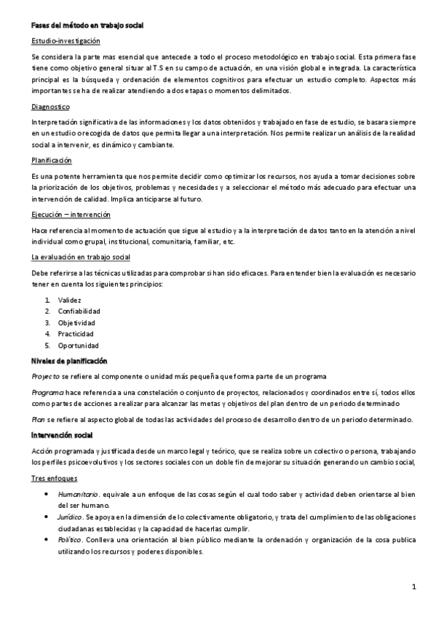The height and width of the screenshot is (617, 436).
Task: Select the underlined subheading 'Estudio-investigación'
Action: click(66, 41)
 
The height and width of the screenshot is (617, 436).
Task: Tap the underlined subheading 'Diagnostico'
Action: click(50, 106)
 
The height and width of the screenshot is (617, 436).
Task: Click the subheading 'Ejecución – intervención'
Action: click(71, 215)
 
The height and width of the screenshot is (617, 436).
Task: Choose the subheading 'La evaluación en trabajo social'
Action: click(82, 257)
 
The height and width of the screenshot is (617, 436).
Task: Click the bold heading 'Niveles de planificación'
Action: click(69, 360)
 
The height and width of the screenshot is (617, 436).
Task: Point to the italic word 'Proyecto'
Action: click(46, 375)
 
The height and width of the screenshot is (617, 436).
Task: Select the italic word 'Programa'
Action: click(47, 392)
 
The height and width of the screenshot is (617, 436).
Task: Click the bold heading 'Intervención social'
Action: click(63, 435)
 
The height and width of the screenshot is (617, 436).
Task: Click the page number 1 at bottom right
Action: click(413, 586)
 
